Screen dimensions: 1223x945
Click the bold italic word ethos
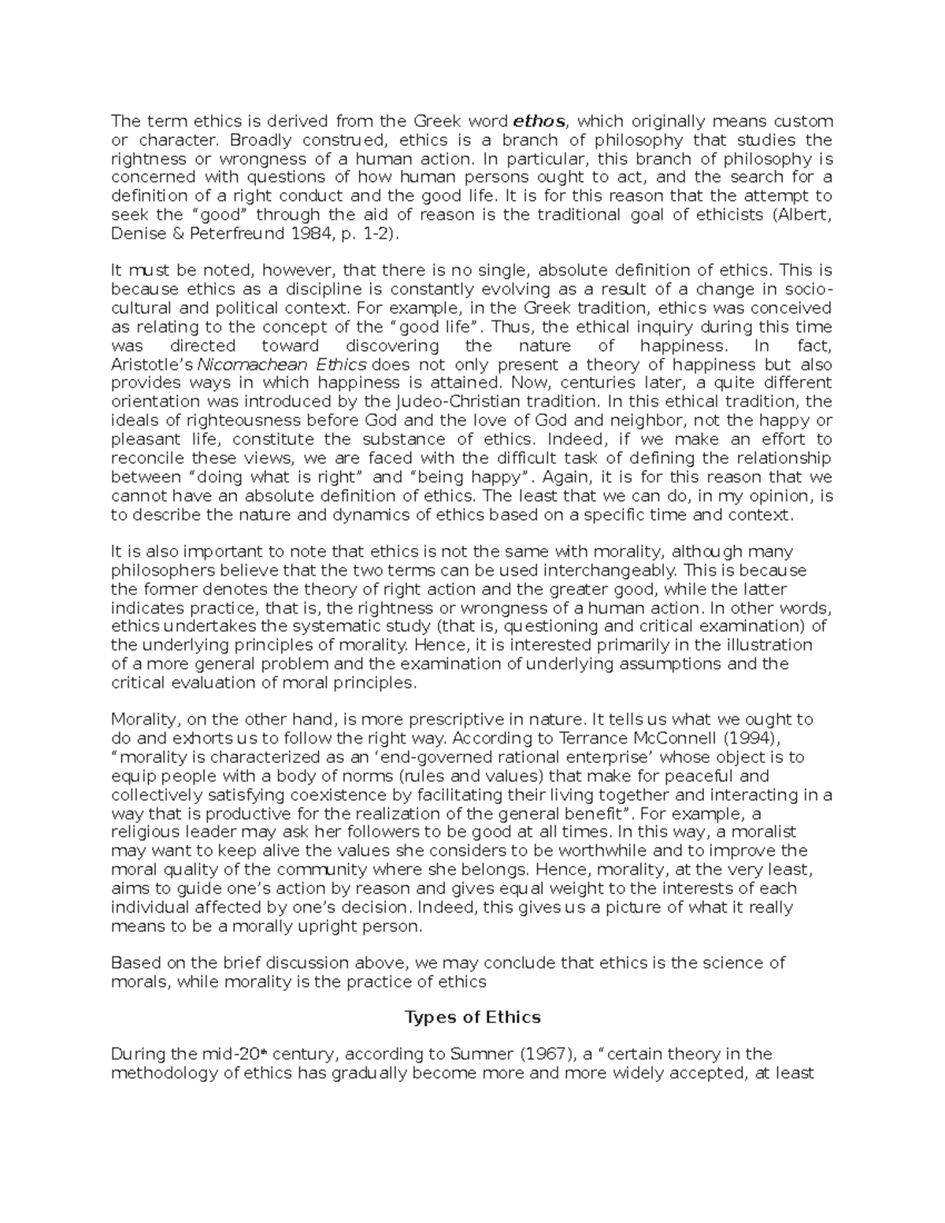point(539,121)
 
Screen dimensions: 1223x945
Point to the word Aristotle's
point(152,365)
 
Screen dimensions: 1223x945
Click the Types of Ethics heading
point(472,1017)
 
